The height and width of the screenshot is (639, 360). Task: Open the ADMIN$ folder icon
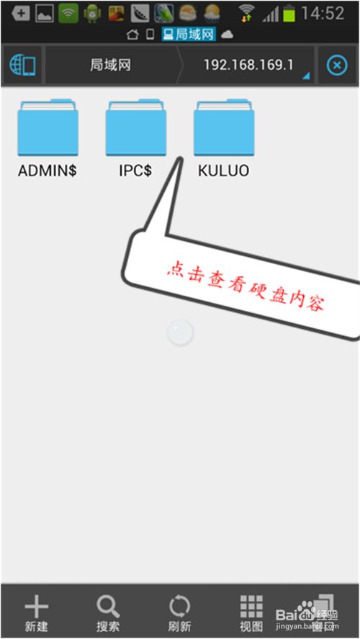(x=48, y=127)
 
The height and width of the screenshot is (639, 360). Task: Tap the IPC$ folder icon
(x=136, y=127)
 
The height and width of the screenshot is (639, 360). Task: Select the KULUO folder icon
(x=224, y=127)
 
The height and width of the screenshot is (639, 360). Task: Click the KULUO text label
(x=223, y=171)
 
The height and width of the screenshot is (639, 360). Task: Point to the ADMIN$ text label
(x=48, y=171)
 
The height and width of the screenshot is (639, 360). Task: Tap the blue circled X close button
(x=337, y=65)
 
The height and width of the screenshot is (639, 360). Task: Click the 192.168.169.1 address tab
(x=248, y=65)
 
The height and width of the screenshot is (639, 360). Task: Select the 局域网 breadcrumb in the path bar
(x=110, y=65)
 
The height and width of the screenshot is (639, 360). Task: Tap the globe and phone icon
(x=23, y=65)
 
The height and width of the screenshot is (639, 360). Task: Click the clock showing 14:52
(x=323, y=14)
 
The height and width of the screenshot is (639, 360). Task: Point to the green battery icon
(x=289, y=14)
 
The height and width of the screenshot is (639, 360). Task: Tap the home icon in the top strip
(x=132, y=35)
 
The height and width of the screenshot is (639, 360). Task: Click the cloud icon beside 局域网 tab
(x=227, y=35)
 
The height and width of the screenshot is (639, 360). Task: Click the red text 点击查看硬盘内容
(x=246, y=284)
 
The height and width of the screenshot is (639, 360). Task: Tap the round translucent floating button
(x=180, y=332)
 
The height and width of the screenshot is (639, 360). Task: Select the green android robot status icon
(x=93, y=14)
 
